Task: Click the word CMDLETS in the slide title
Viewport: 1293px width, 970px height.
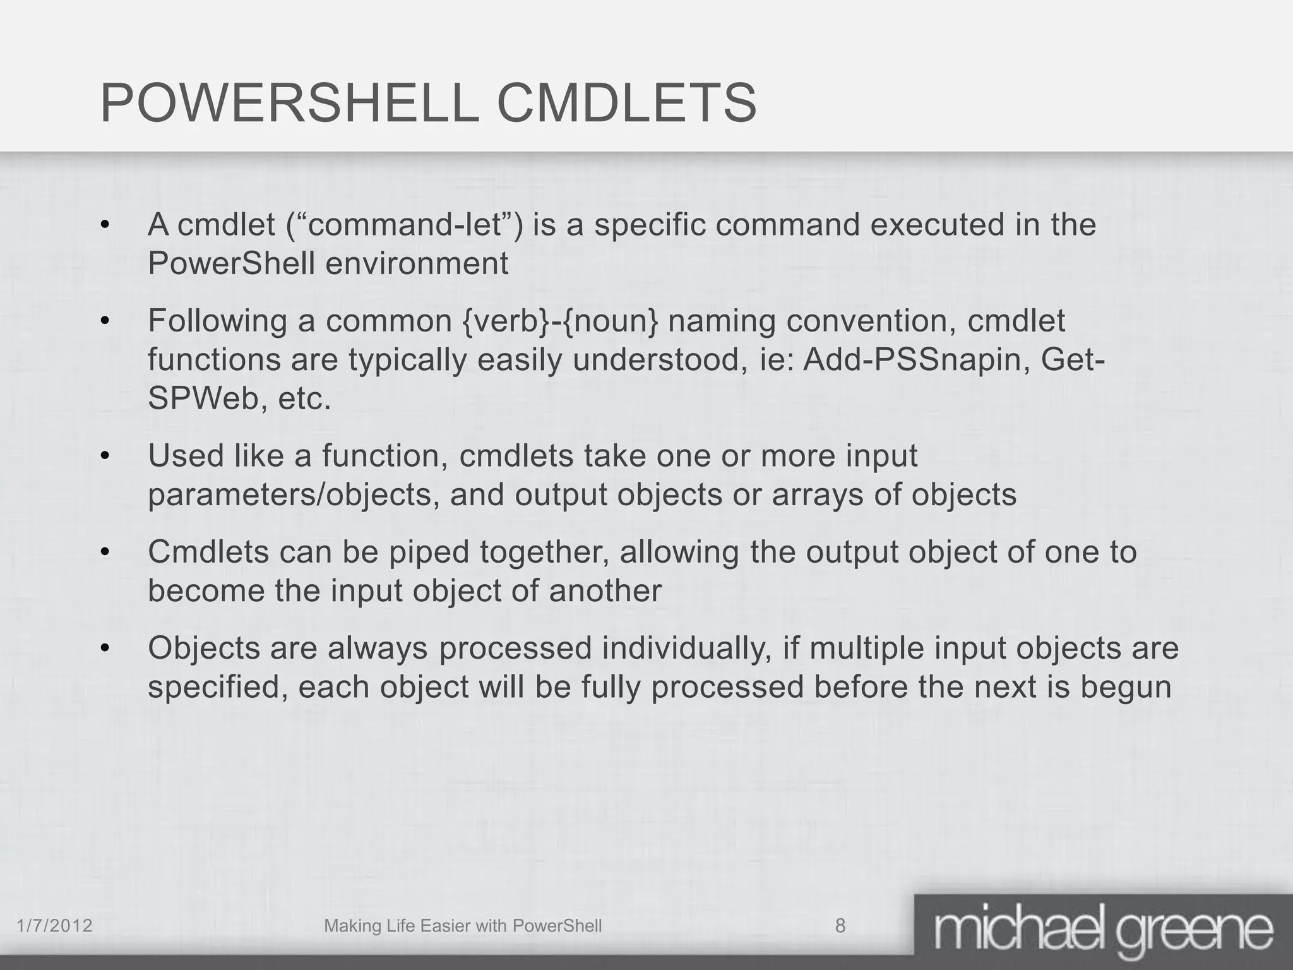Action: (x=626, y=104)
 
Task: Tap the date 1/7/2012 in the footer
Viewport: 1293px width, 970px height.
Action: (x=54, y=926)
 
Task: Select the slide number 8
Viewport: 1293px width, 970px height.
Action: (x=840, y=926)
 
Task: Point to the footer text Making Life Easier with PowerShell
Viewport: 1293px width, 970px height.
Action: (x=462, y=926)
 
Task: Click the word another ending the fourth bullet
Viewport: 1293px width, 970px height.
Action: (x=605, y=591)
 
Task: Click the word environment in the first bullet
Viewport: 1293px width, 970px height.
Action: (x=417, y=263)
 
